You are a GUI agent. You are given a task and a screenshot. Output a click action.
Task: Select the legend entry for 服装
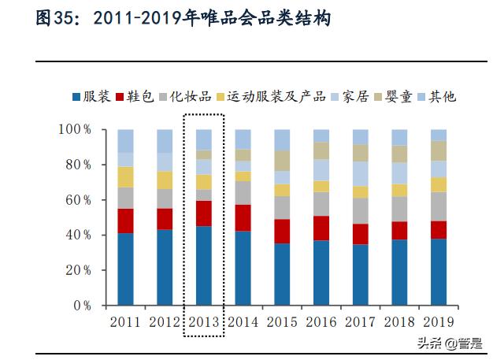click(x=91, y=97)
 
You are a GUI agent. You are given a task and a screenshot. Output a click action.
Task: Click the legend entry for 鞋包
click(x=134, y=97)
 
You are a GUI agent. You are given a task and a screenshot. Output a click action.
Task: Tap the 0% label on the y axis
click(x=82, y=306)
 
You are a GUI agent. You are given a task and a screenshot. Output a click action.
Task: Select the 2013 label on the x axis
click(x=204, y=322)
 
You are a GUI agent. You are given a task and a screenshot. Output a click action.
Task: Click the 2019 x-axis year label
click(x=438, y=322)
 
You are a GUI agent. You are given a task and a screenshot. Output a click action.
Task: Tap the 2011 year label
click(x=126, y=322)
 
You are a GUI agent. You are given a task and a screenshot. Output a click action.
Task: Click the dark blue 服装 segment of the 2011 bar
click(x=126, y=269)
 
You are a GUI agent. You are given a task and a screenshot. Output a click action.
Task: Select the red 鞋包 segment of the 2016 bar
click(x=321, y=228)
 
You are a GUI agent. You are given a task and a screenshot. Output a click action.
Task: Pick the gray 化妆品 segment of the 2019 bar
click(x=438, y=206)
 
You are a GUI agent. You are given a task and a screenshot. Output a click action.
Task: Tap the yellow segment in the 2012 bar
click(x=165, y=180)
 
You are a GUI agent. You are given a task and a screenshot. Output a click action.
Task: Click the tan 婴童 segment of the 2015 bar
click(x=282, y=161)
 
